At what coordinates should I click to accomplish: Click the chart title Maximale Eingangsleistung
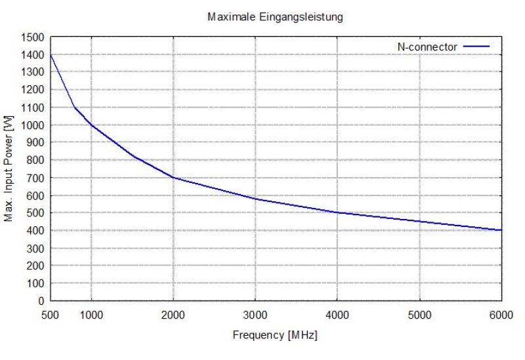tap(275, 17)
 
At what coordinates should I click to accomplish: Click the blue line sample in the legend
tap(477, 46)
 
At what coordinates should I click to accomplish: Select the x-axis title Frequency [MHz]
tap(275, 335)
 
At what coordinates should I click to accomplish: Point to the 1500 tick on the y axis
tap(33, 37)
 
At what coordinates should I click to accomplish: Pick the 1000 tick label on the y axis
tap(33, 125)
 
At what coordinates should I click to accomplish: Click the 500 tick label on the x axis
tap(51, 315)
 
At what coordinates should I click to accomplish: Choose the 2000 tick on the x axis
tap(173, 315)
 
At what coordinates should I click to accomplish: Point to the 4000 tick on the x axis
tap(337, 315)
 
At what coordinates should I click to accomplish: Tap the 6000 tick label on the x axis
tap(501, 315)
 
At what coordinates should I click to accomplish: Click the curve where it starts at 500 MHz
tap(51, 55)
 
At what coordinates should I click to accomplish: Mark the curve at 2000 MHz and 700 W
tap(173, 178)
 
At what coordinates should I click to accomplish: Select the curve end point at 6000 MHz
tap(501, 230)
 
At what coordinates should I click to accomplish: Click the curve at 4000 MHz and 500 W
tap(337, 212)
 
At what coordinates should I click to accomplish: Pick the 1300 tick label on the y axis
tap(33, 72)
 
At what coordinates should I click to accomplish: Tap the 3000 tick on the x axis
tap(255, 315)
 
